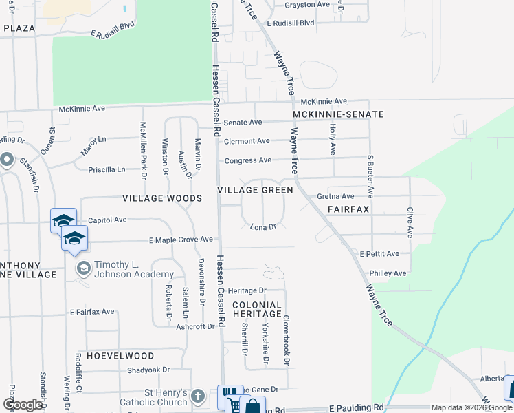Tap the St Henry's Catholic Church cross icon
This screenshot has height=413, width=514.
pyautogui.click(x=198, y=396)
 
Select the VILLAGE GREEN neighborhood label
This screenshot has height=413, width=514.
pyautogui.click(x=255, y=189)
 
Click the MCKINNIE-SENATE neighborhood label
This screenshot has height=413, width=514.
pyautogui.click(x=338, y=114)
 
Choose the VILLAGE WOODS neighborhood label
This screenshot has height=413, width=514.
pyautogui.click(x=162, y=198)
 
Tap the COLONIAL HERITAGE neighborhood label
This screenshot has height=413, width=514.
pyautogui.click(x=256, y=309)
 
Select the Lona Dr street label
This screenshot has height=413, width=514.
pyautogui.click(x=262, y=226)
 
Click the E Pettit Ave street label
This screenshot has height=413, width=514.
pyautogui.click(x=380, y=254)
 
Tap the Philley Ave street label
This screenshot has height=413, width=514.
pyautogui.click(x=388, y=273)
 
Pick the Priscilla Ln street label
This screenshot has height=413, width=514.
pyautogui.click(x=107, y=169)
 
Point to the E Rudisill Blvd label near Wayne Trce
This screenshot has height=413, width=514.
pyautogui.click(x=289, y=23)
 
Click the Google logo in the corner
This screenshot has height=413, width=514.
pyautogui.click(x=23, y=405)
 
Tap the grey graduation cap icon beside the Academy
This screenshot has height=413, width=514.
pyautogui.click(x=83, y=268)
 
